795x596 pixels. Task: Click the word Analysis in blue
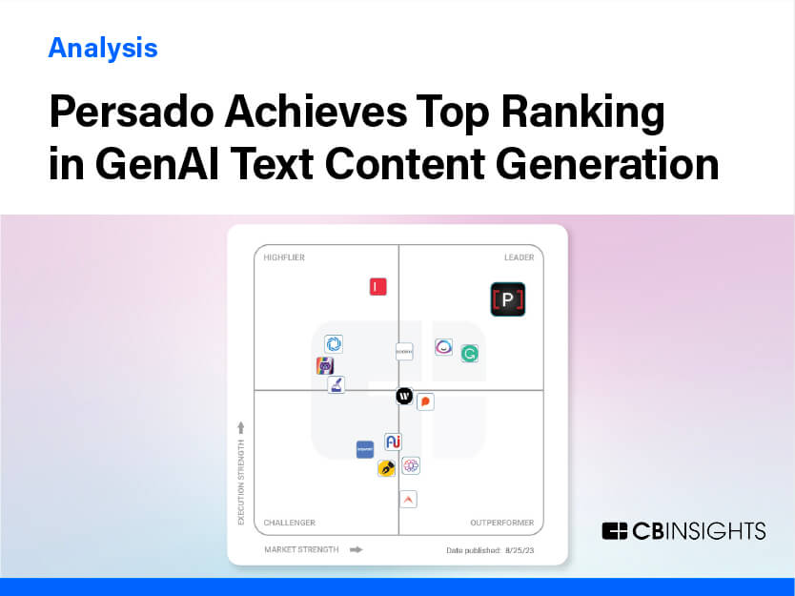103,47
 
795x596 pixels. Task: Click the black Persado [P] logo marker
507,299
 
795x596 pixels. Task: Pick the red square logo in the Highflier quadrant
378,286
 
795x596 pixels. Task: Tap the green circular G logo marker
469,354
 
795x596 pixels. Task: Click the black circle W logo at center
404,396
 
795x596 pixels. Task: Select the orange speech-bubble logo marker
425,401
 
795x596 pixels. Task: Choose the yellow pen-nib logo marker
386,468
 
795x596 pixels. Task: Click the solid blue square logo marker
365,449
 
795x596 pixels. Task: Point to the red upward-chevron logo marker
408,499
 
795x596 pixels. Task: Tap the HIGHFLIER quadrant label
284,257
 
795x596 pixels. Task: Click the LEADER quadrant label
519,257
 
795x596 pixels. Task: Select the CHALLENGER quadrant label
289,523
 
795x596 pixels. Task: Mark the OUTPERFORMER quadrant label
501,523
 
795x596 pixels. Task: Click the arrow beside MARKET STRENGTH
357,549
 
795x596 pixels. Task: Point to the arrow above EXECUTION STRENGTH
241,426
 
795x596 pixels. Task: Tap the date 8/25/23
520,550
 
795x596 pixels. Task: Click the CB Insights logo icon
615,531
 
